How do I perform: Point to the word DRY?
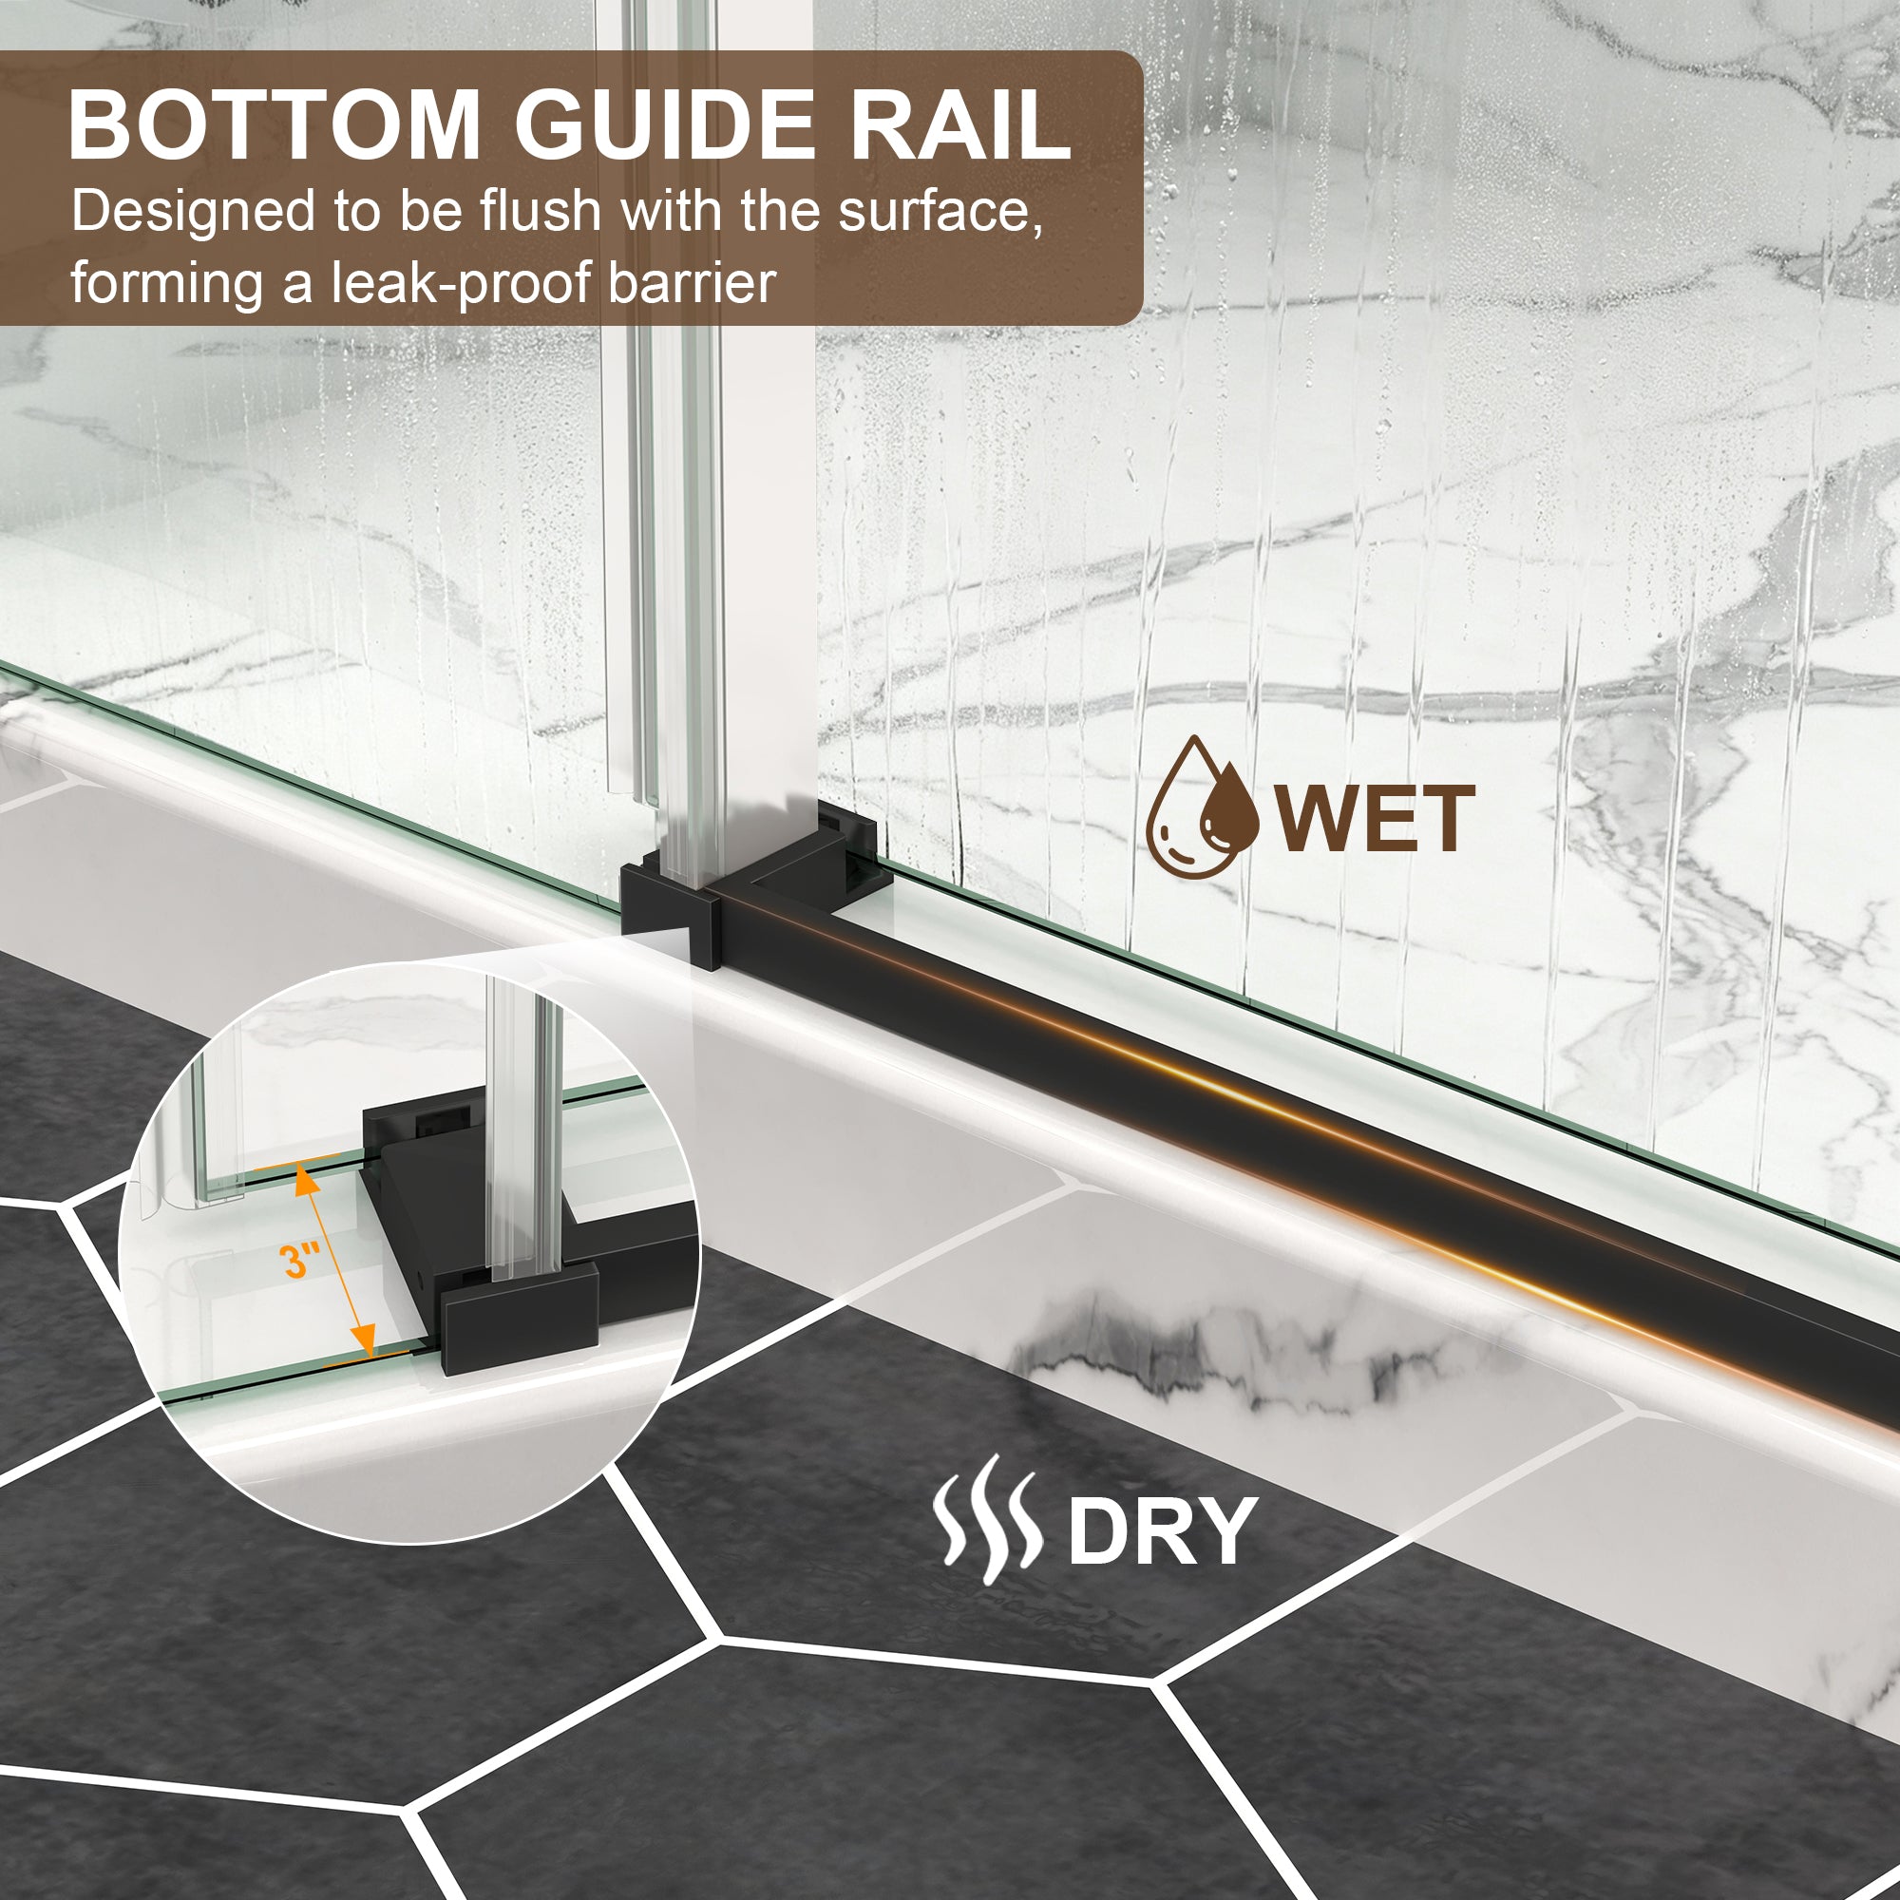(1163, 1530)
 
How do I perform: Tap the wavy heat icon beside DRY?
(985, 1520)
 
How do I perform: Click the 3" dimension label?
(300, 1260)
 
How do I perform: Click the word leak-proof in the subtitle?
(463, 284)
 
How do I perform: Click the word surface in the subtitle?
(940, 213)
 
